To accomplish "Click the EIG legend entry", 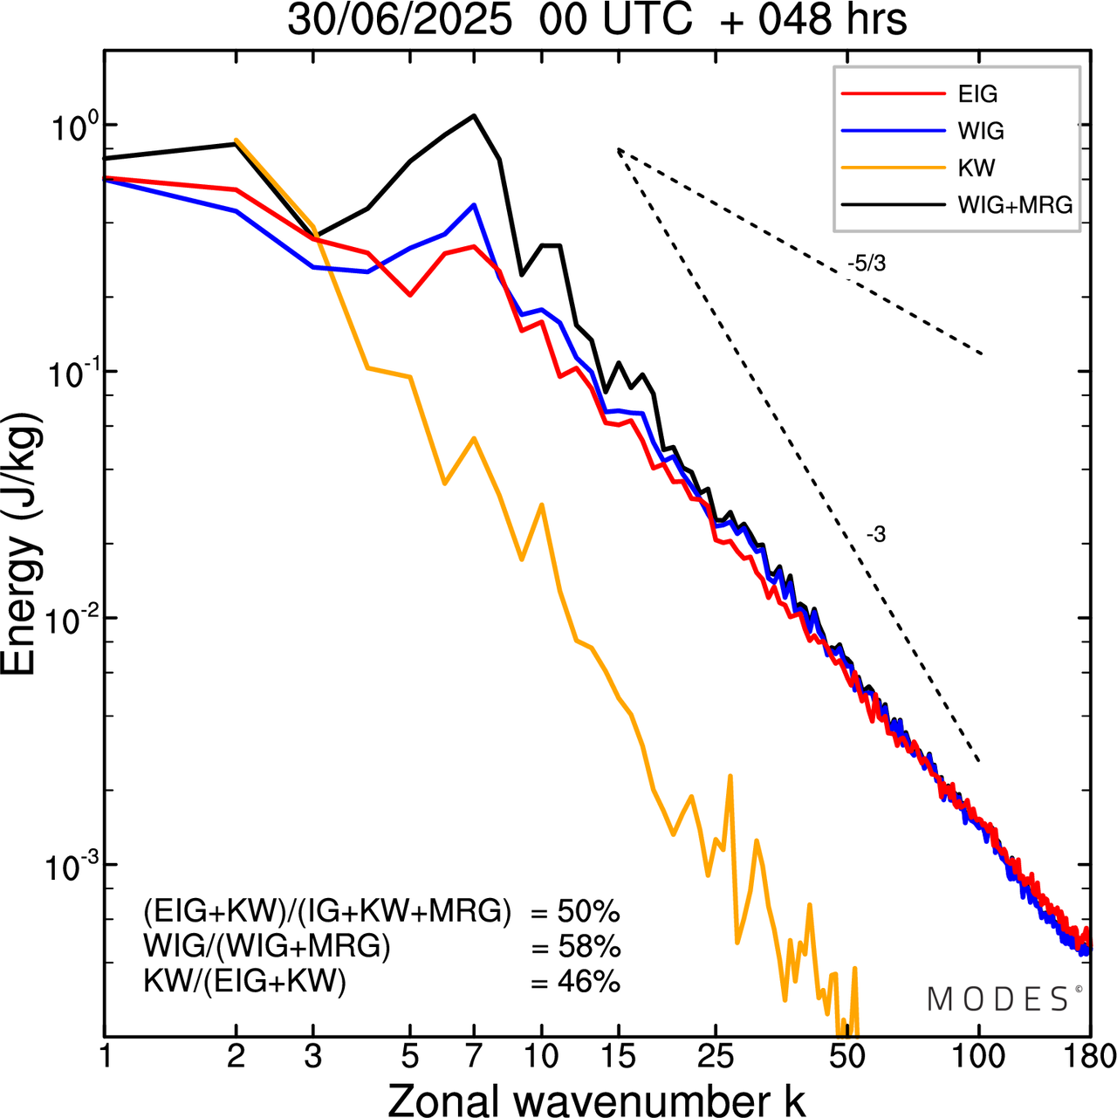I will point(977,94).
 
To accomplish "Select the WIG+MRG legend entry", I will point(1014,205).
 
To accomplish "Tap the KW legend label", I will point(977,168).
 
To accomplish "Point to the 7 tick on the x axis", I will point(474,1056).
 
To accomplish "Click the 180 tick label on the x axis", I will point(1091,1056).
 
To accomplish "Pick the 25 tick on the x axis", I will point(716,1056).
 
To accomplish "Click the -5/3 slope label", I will point(866,264).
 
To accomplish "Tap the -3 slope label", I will point(876,535).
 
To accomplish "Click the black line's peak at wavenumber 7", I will point(474,115).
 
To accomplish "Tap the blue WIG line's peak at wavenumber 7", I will point(474,205).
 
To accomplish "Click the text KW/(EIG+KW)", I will point(245,982).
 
